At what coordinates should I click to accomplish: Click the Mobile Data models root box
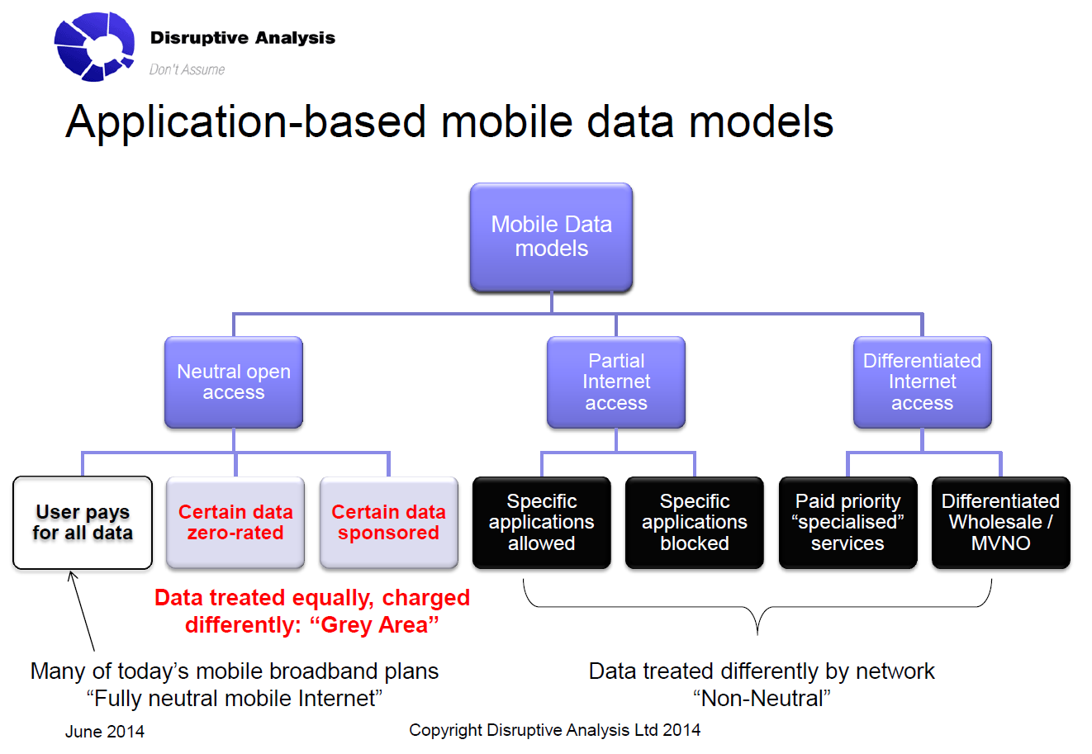551,237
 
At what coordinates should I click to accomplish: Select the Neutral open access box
234,382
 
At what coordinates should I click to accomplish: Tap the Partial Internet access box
616,382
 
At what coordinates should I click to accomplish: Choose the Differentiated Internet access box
923,382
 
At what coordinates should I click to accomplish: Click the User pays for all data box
83,523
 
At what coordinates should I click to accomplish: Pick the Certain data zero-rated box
235,523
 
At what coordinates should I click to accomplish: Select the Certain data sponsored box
388,523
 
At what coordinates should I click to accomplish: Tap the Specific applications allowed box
542,523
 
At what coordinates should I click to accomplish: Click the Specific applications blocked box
695,523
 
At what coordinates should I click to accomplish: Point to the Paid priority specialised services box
847,523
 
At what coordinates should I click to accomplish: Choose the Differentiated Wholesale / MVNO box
1001,523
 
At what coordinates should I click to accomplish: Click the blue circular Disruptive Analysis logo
94,47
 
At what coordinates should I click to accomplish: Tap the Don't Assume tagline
187,69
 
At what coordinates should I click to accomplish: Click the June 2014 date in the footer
105,732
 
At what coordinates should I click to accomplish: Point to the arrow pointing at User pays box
82,611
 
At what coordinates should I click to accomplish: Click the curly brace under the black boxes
757,607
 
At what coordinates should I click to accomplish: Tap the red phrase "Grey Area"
374,625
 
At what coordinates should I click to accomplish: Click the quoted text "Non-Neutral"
762,699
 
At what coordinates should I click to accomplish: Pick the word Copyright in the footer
444,731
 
